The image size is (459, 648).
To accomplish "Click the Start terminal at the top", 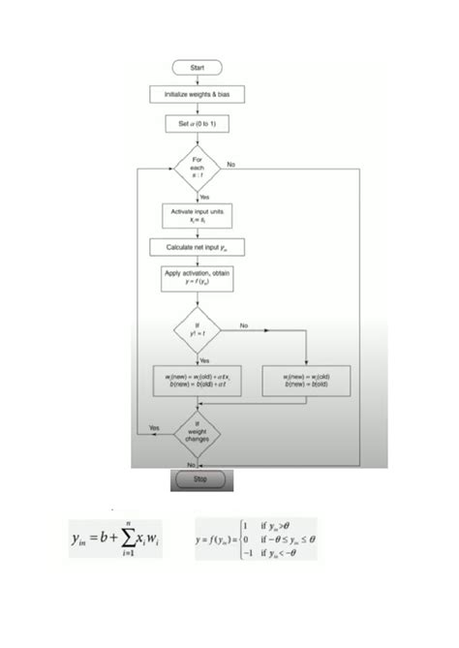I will point(198,67).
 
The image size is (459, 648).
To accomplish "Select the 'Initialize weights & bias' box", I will point(198,94).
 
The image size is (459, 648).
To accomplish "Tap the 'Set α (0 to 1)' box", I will point(198,124).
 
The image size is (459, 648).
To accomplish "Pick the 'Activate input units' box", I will point(198,214).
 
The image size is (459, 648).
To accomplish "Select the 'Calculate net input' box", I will point(198,248).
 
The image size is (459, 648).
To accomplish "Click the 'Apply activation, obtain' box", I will point(198,281).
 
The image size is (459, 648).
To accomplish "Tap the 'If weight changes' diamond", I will point(198,433).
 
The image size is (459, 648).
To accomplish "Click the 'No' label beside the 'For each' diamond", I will point(230,164).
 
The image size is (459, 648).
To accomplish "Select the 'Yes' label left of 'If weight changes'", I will point(154,427).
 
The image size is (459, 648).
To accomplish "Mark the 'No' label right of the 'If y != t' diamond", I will point(244,325).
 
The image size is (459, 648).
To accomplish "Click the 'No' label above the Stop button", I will point(191,464).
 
